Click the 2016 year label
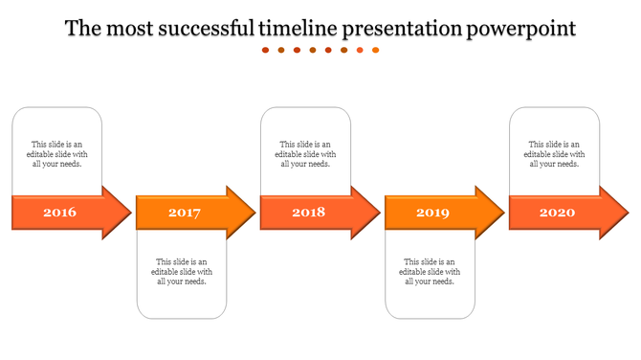[59, 213]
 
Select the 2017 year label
[184, 213]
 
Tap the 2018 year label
[308, 213]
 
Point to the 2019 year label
[432, 213]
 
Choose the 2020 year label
[557, 213]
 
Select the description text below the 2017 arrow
[182, 271]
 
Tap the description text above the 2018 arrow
[306, 154]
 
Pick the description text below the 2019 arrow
[431, 271]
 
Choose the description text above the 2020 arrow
[555, 154]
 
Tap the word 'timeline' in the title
[298, 29]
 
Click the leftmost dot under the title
[266, 51]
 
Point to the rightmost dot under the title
[376, 51]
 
